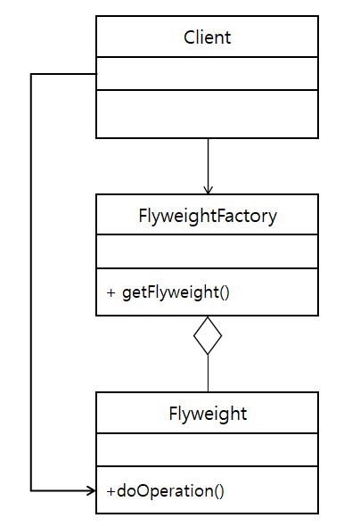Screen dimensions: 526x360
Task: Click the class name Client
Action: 207,37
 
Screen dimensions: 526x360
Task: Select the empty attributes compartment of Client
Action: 207,73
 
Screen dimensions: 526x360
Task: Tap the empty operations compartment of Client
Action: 207,113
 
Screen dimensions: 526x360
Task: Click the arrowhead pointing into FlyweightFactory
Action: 208,189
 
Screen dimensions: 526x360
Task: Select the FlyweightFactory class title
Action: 207,215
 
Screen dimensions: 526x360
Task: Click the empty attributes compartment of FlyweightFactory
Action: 207,251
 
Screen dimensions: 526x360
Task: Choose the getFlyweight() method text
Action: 176,292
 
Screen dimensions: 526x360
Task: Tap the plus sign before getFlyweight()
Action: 110,292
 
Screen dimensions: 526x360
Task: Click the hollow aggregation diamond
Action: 208,335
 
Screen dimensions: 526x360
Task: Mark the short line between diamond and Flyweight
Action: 208,374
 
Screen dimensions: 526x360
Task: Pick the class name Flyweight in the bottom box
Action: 207,414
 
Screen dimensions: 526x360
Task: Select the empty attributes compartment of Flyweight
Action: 207,450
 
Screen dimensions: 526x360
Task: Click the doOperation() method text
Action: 170,490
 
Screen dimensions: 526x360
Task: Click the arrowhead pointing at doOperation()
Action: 90,490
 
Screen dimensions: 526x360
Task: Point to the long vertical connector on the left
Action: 31,281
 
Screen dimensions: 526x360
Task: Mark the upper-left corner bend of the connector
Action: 31,74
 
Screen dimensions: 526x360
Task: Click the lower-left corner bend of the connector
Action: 31,490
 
